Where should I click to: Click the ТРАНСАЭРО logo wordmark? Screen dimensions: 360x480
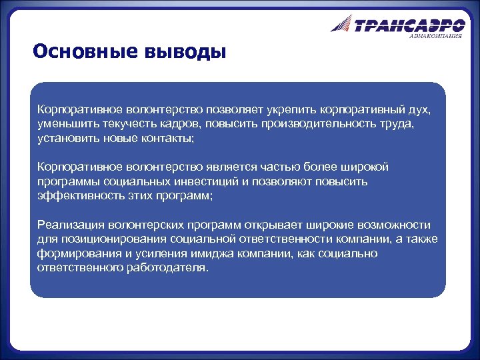click(x=409, y=26)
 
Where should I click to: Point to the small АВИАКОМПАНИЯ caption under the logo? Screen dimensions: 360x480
click(x=435, y=36)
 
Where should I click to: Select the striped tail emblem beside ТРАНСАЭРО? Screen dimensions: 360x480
click(x=341, y=25)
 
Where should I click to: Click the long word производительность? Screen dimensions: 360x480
click(x=317, y=123)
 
